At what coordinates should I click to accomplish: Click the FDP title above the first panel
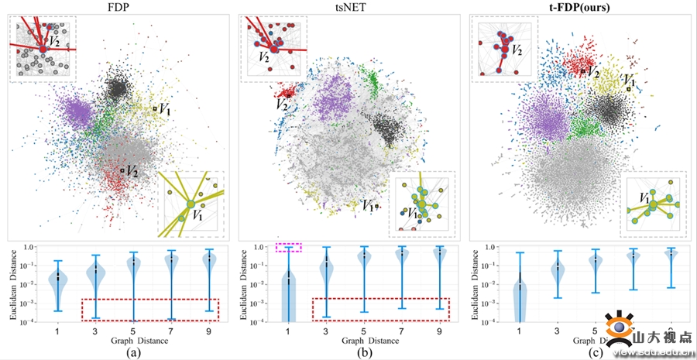click(x=118, y=7)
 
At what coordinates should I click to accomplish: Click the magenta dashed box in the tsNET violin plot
click(x=288, y=247)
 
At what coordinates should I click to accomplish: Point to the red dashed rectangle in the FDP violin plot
click(x=151, y=310)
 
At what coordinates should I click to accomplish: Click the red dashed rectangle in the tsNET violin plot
click(x=380, y=309)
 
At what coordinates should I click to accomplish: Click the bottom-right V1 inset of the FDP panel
click(x=191, y=204)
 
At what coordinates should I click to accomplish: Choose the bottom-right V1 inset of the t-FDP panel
click(x=654, y=204)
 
